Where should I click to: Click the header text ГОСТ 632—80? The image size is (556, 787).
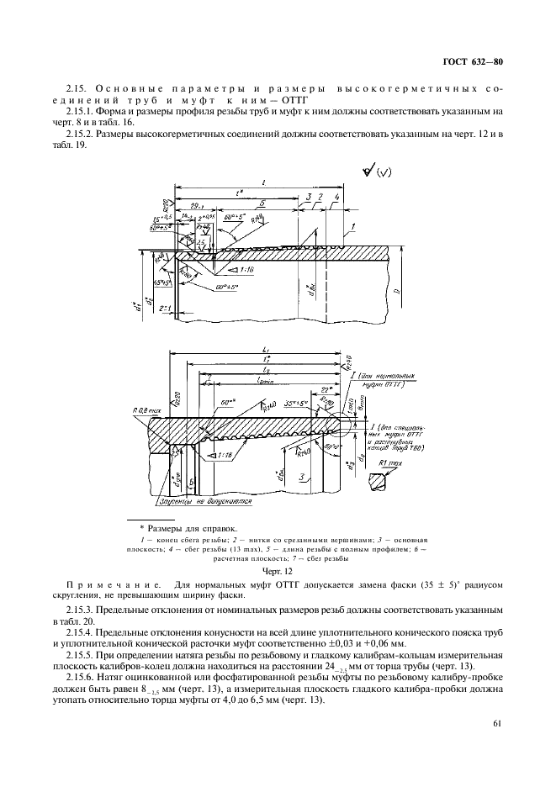[x=473, y=62]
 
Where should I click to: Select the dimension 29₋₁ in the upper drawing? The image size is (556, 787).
[x=199, y=204]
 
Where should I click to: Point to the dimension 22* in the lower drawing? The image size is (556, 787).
[x=326, y=388]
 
